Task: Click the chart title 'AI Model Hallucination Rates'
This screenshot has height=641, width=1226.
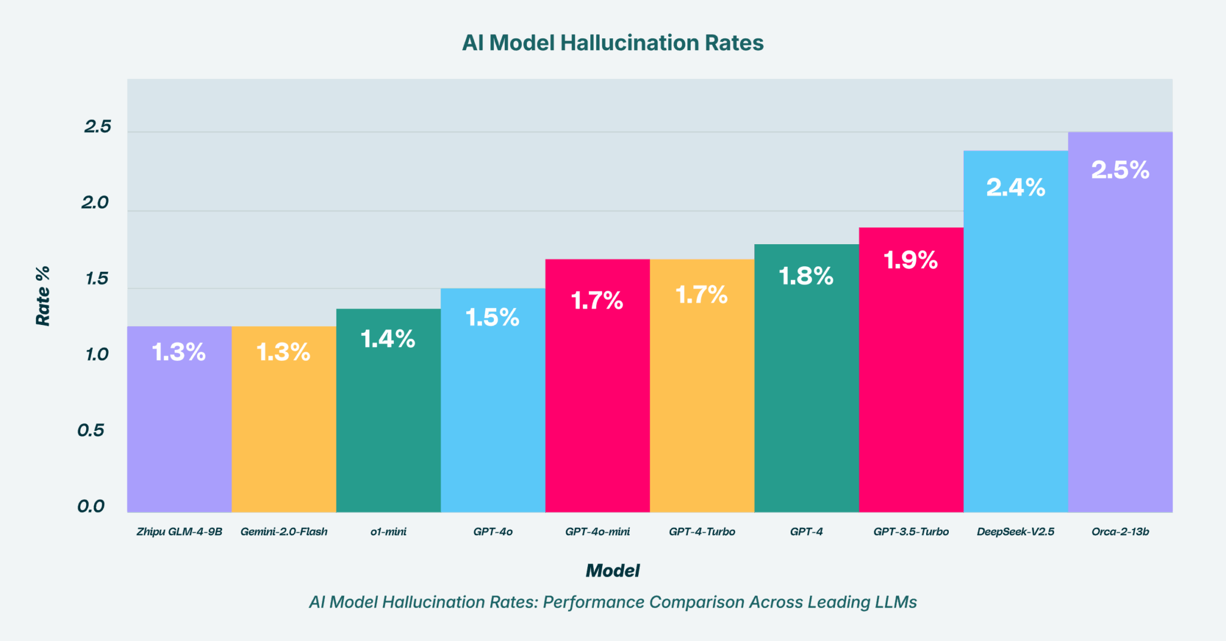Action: pyautogui.click(x=612, y=43)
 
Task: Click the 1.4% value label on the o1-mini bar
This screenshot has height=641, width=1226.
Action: pyautogui.click(x=388, y=339)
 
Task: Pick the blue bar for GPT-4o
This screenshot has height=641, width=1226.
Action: pyautogui.click(x=493, y=419)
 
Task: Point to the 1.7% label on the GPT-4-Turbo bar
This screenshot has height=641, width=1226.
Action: pyautogui.click(x=702, y=295)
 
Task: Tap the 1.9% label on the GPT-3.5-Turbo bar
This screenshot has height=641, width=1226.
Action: pyautogui.click(x=911, y=260)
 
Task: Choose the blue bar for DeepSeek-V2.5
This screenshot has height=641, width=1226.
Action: pyautogui.click(x=1015, y=359)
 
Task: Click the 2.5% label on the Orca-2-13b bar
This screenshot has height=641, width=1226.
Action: pyautogui.click(x=1120, y=170)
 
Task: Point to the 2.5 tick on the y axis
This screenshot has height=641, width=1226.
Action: pyautogui.click(x=98, y=126)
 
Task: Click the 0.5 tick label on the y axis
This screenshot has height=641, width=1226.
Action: pyautogui.click(x=91, y=430)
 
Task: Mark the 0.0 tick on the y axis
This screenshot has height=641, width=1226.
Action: pyautogui.click(x=91, y=506)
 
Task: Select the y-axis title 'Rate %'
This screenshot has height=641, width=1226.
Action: pyautogui.click(x=43, y=296)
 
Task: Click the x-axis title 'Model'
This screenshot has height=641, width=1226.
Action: pyautogui.click(x=612, y=570)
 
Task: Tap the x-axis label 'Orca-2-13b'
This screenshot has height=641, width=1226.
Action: pyautogui.click(x=1120, y=531)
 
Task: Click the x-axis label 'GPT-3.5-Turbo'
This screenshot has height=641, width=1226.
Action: pyautogui.click(x=911, y=531)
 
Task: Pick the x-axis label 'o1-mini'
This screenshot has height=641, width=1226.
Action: pyautogui.click(x=388, y=531)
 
